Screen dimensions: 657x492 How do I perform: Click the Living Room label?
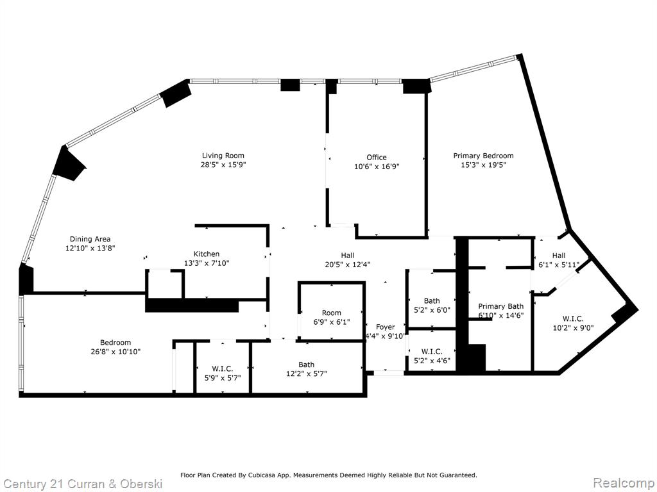[x=223, y=156]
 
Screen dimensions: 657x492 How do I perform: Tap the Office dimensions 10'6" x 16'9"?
[x=377, y=167]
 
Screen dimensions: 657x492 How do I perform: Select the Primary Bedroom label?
[x=483, y=156]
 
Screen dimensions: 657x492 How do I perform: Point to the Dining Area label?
[x=90, y=239]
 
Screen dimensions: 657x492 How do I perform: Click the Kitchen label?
[x=206, y=254]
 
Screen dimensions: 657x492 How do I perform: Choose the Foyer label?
[x=385, y=327]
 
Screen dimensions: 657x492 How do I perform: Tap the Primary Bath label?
[x=500, y=306]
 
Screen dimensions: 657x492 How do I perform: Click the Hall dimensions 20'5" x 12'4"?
[x=347, y=265]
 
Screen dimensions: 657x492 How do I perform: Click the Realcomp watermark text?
[x=623, y=483]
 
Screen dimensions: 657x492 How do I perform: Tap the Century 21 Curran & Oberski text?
[x=81, y=484]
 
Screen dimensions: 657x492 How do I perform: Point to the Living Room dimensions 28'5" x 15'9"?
[x=223, y=165]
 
